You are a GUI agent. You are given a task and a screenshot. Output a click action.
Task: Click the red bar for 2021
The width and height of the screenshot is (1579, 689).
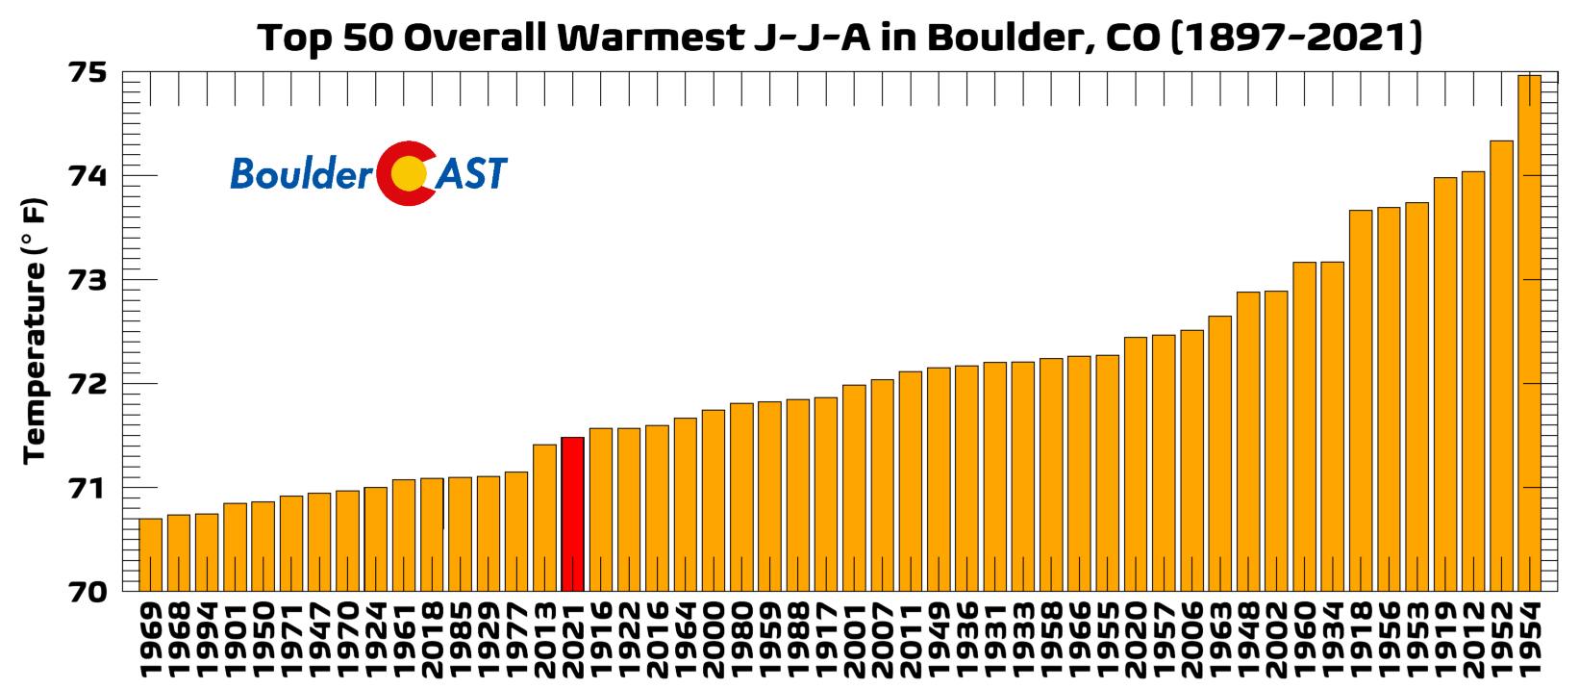(572, 514)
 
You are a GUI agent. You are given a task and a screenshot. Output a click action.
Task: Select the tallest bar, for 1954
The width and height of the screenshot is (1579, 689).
(1529, 333)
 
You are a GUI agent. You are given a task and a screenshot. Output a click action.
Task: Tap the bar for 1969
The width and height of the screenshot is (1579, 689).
(150, 554)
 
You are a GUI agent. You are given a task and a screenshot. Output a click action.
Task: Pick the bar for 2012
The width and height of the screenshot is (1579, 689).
(1472, 381)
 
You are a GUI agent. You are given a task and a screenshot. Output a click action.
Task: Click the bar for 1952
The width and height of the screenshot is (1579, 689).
(1501, 366)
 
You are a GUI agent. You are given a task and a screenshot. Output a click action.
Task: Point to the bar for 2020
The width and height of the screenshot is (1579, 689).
(1135, 464)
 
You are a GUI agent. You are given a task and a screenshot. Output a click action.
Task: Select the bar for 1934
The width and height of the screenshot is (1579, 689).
(1332, 426)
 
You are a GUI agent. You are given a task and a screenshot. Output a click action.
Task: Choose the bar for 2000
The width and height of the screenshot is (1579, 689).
(713, 500)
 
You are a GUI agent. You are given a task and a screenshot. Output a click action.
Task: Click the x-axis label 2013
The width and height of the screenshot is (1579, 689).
(544, 639)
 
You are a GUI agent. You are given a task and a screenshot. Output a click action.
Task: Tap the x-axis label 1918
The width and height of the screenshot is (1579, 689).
(1361, 639)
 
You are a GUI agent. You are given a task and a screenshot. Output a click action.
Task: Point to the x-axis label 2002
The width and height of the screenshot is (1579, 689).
(1276, 639)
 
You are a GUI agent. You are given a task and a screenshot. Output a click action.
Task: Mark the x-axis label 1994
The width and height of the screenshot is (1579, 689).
(207, 639)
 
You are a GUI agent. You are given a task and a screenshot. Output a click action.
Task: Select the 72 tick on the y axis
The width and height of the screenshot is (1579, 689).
(88, 384)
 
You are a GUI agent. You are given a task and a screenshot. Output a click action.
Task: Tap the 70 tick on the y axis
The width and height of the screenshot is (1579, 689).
(88, 591)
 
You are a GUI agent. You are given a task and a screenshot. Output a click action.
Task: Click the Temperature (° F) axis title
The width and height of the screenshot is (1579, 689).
(35, 331)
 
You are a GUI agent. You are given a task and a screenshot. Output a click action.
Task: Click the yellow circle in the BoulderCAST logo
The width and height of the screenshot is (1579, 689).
(409, 173)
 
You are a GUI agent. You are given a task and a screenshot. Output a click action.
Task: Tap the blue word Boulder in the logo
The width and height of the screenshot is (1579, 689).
(301, 174)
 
